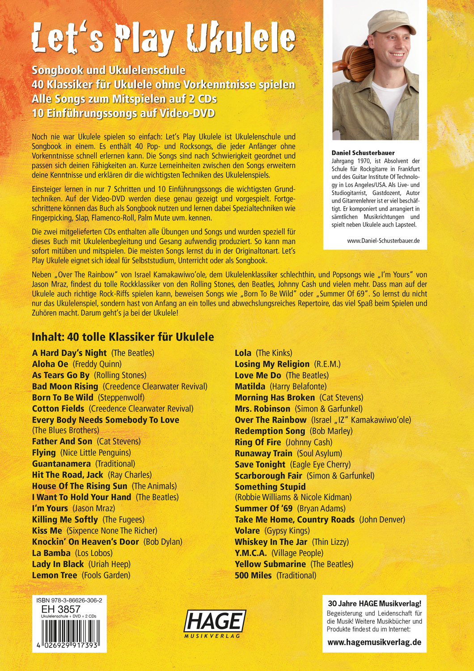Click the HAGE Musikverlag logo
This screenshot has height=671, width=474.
pyautogui.click(x=215, y=623)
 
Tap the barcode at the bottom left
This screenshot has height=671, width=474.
pyautogui.click(x=69, y=634)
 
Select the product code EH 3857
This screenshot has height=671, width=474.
pyautogui.click(x=61, y=609)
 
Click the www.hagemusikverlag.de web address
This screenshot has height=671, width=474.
pyautogui.click(x=374, y=642)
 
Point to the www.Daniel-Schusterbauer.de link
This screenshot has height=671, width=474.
pyautogui.click(x=383, y=241)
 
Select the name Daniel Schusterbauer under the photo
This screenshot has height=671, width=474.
pyautogui.click(x=363, y=153)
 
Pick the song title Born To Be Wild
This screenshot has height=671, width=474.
pyautogui.click(x=63, y=397)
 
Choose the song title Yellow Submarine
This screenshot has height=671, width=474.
pyautogui.click(x=270, y=564)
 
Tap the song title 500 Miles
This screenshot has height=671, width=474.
pyautogui.click(x=253, y=575)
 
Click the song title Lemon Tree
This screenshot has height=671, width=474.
pyautogui.click(x=55, y=575)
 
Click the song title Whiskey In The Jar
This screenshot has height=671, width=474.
pyautogui.click(x=271, y=542)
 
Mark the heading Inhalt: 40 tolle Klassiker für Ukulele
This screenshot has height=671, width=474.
pyautogui.click(x=123, y=337)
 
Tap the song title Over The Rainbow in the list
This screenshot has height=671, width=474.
pyautogui.click(x=271, y=420)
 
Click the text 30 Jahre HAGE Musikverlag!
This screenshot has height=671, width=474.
pyautogui.click(x=374, y=603)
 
